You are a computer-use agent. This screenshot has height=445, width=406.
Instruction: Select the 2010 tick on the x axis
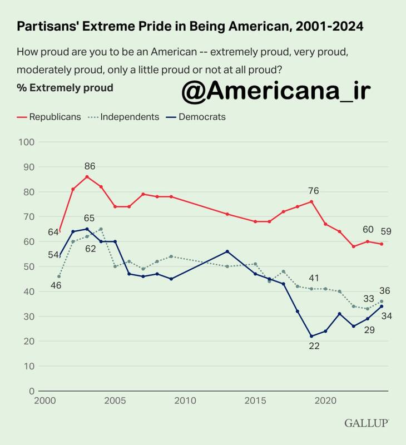186,401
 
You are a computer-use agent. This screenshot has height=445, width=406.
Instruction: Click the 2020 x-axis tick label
327,401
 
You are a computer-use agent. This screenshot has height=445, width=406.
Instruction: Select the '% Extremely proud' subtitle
65,87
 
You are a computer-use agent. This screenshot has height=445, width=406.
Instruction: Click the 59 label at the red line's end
386,231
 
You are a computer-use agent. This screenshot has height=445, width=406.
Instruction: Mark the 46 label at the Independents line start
56,285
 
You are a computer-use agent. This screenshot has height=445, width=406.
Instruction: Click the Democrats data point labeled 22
311,336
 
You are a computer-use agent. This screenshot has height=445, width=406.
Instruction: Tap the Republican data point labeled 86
87,177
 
